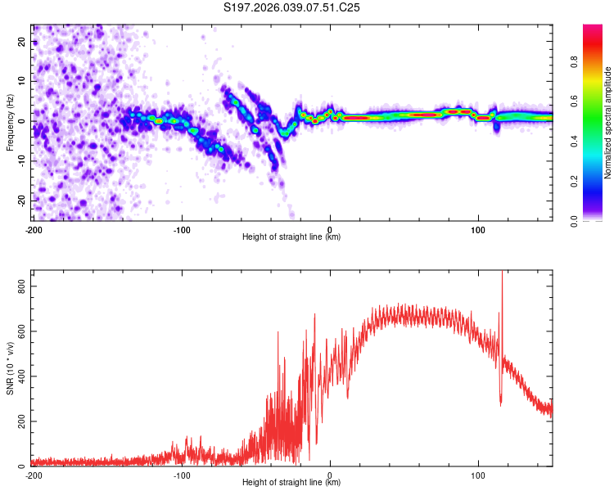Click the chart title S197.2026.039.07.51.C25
coord(292,7)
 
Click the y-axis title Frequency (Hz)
coord(10,121)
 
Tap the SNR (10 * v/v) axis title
coord(10,368)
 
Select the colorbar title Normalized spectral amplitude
coord(607,123)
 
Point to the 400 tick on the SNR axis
coord(21,376)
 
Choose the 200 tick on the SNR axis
coord(21,421)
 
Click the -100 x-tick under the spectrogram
coord(182,228)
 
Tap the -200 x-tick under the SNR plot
coord(34,474)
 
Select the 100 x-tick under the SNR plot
coord(478,474)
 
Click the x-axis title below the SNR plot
coord(292,482)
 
